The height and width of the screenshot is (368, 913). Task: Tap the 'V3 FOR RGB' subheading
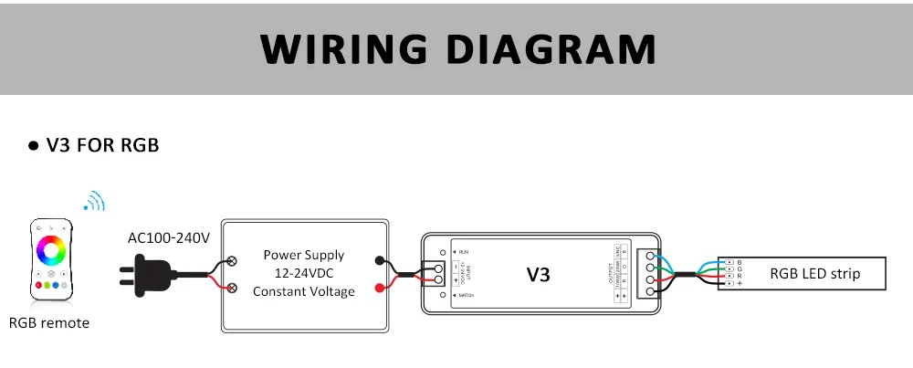tap(102, 145)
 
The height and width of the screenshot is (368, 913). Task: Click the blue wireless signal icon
tap(94, 202)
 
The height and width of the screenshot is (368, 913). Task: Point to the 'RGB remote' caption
tap(49, 322)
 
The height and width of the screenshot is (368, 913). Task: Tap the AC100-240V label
tap(169, 238)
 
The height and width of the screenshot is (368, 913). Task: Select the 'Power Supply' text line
tap(303, 255)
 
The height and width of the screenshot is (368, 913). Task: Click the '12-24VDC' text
tap(303, 273)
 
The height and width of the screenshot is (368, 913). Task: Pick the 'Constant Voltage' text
tap(303, 291)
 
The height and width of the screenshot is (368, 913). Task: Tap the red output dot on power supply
tap(379, 289)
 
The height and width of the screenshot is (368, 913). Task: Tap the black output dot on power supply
tap(379, 260)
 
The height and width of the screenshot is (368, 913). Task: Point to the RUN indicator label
tap(463, 250)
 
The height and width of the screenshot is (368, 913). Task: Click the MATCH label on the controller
tap(467, 296)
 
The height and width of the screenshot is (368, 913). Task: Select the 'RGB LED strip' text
tap(814, 273)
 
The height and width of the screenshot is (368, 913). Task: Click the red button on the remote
tap(39, 285)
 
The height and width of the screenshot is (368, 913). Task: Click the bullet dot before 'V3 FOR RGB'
tap(33, 146)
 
